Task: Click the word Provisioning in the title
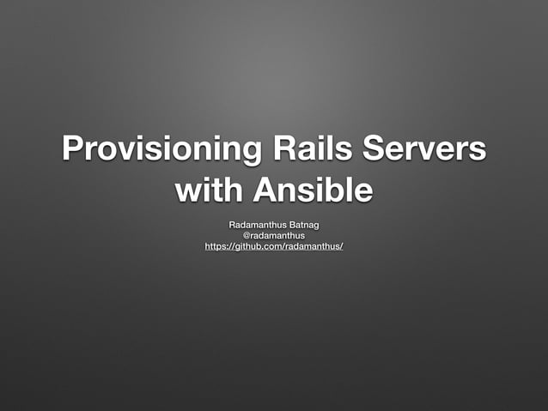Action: tap(151, 148)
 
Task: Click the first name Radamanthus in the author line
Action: tap(256, 224)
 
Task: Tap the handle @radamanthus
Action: tap(274, 235)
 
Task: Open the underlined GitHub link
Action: tap(274, 247)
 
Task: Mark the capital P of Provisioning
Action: tap(73, 148)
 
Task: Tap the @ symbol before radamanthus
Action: tap(247, 235)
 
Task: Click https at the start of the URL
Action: tap(216, 247)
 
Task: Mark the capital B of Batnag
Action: tap(290, 224)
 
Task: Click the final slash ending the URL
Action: tap(342, 247)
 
